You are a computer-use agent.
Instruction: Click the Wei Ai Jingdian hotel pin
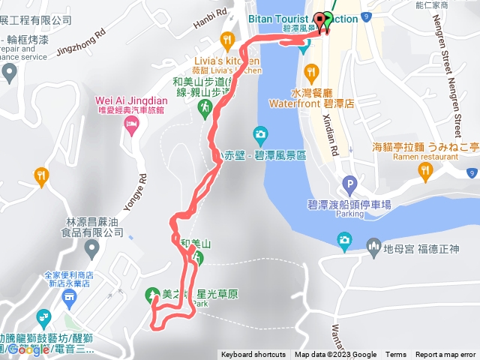pos(133,123)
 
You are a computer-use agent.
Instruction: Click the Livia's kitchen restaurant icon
pos(226,39)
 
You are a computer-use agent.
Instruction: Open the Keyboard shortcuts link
pos(252,355)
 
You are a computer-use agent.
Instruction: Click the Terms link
pos(396,355)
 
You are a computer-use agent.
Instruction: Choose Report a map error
pos(445,355)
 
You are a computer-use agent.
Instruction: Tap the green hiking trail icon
pos(204,109)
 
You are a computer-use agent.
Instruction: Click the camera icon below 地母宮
pos(344,240)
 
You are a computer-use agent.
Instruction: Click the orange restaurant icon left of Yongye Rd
pos(41,176)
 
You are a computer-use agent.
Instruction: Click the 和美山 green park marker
pos(198,257)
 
